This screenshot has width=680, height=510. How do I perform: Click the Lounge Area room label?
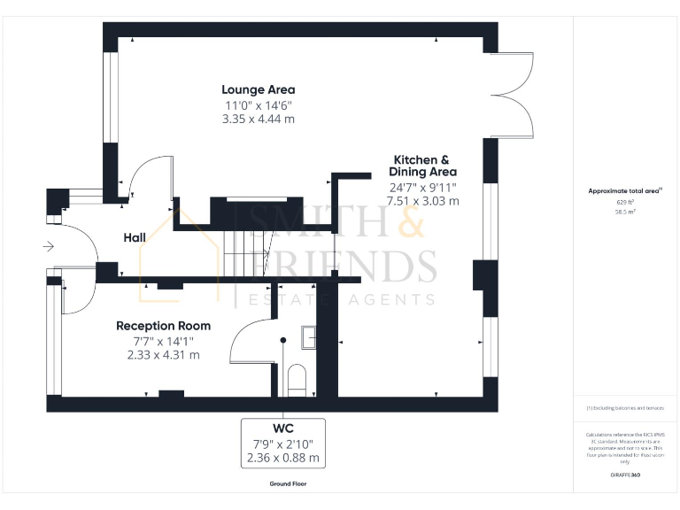point(258,89)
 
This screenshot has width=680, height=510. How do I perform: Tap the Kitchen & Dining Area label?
point(424,165)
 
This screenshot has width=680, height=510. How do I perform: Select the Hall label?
point(135,237)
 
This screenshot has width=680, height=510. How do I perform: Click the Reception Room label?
point(163,326)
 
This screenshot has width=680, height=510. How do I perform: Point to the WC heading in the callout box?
point(283,429)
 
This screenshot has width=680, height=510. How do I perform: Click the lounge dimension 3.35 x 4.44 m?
point(258,119)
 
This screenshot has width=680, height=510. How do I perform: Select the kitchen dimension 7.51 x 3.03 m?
point(424,201)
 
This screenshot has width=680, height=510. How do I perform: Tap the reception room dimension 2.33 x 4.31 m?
point(163,354)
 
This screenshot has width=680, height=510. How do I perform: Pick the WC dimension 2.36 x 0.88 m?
point(283,458)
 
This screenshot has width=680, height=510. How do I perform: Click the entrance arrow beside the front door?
point(48,245)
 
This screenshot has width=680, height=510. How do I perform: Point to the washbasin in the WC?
point(309,336)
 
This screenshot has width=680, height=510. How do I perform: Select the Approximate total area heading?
point(625,190)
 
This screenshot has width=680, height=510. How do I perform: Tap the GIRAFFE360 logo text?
point(625,476)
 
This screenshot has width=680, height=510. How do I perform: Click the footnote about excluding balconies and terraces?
point(625,408)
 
